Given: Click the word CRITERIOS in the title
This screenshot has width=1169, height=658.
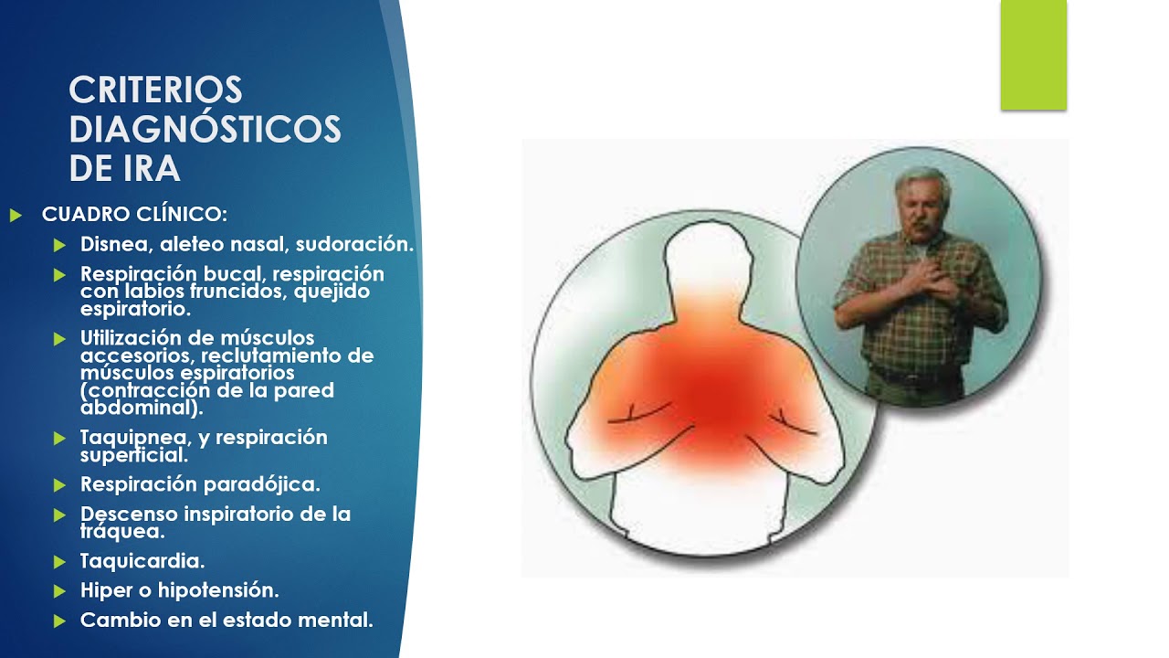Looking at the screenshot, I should point(155,90).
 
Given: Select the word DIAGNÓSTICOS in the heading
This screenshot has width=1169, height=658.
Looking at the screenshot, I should point(205,130).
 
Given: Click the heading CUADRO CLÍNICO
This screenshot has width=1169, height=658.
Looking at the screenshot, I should point(134,215).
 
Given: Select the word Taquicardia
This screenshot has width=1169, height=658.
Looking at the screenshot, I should point(142,561).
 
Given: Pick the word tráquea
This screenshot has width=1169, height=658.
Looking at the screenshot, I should point(121,531).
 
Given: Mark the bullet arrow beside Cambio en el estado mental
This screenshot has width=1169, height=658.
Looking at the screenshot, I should point(60,621).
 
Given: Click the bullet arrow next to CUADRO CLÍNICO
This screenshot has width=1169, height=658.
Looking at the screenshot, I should point(15,216).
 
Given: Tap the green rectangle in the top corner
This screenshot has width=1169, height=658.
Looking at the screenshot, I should point(1033,55).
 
